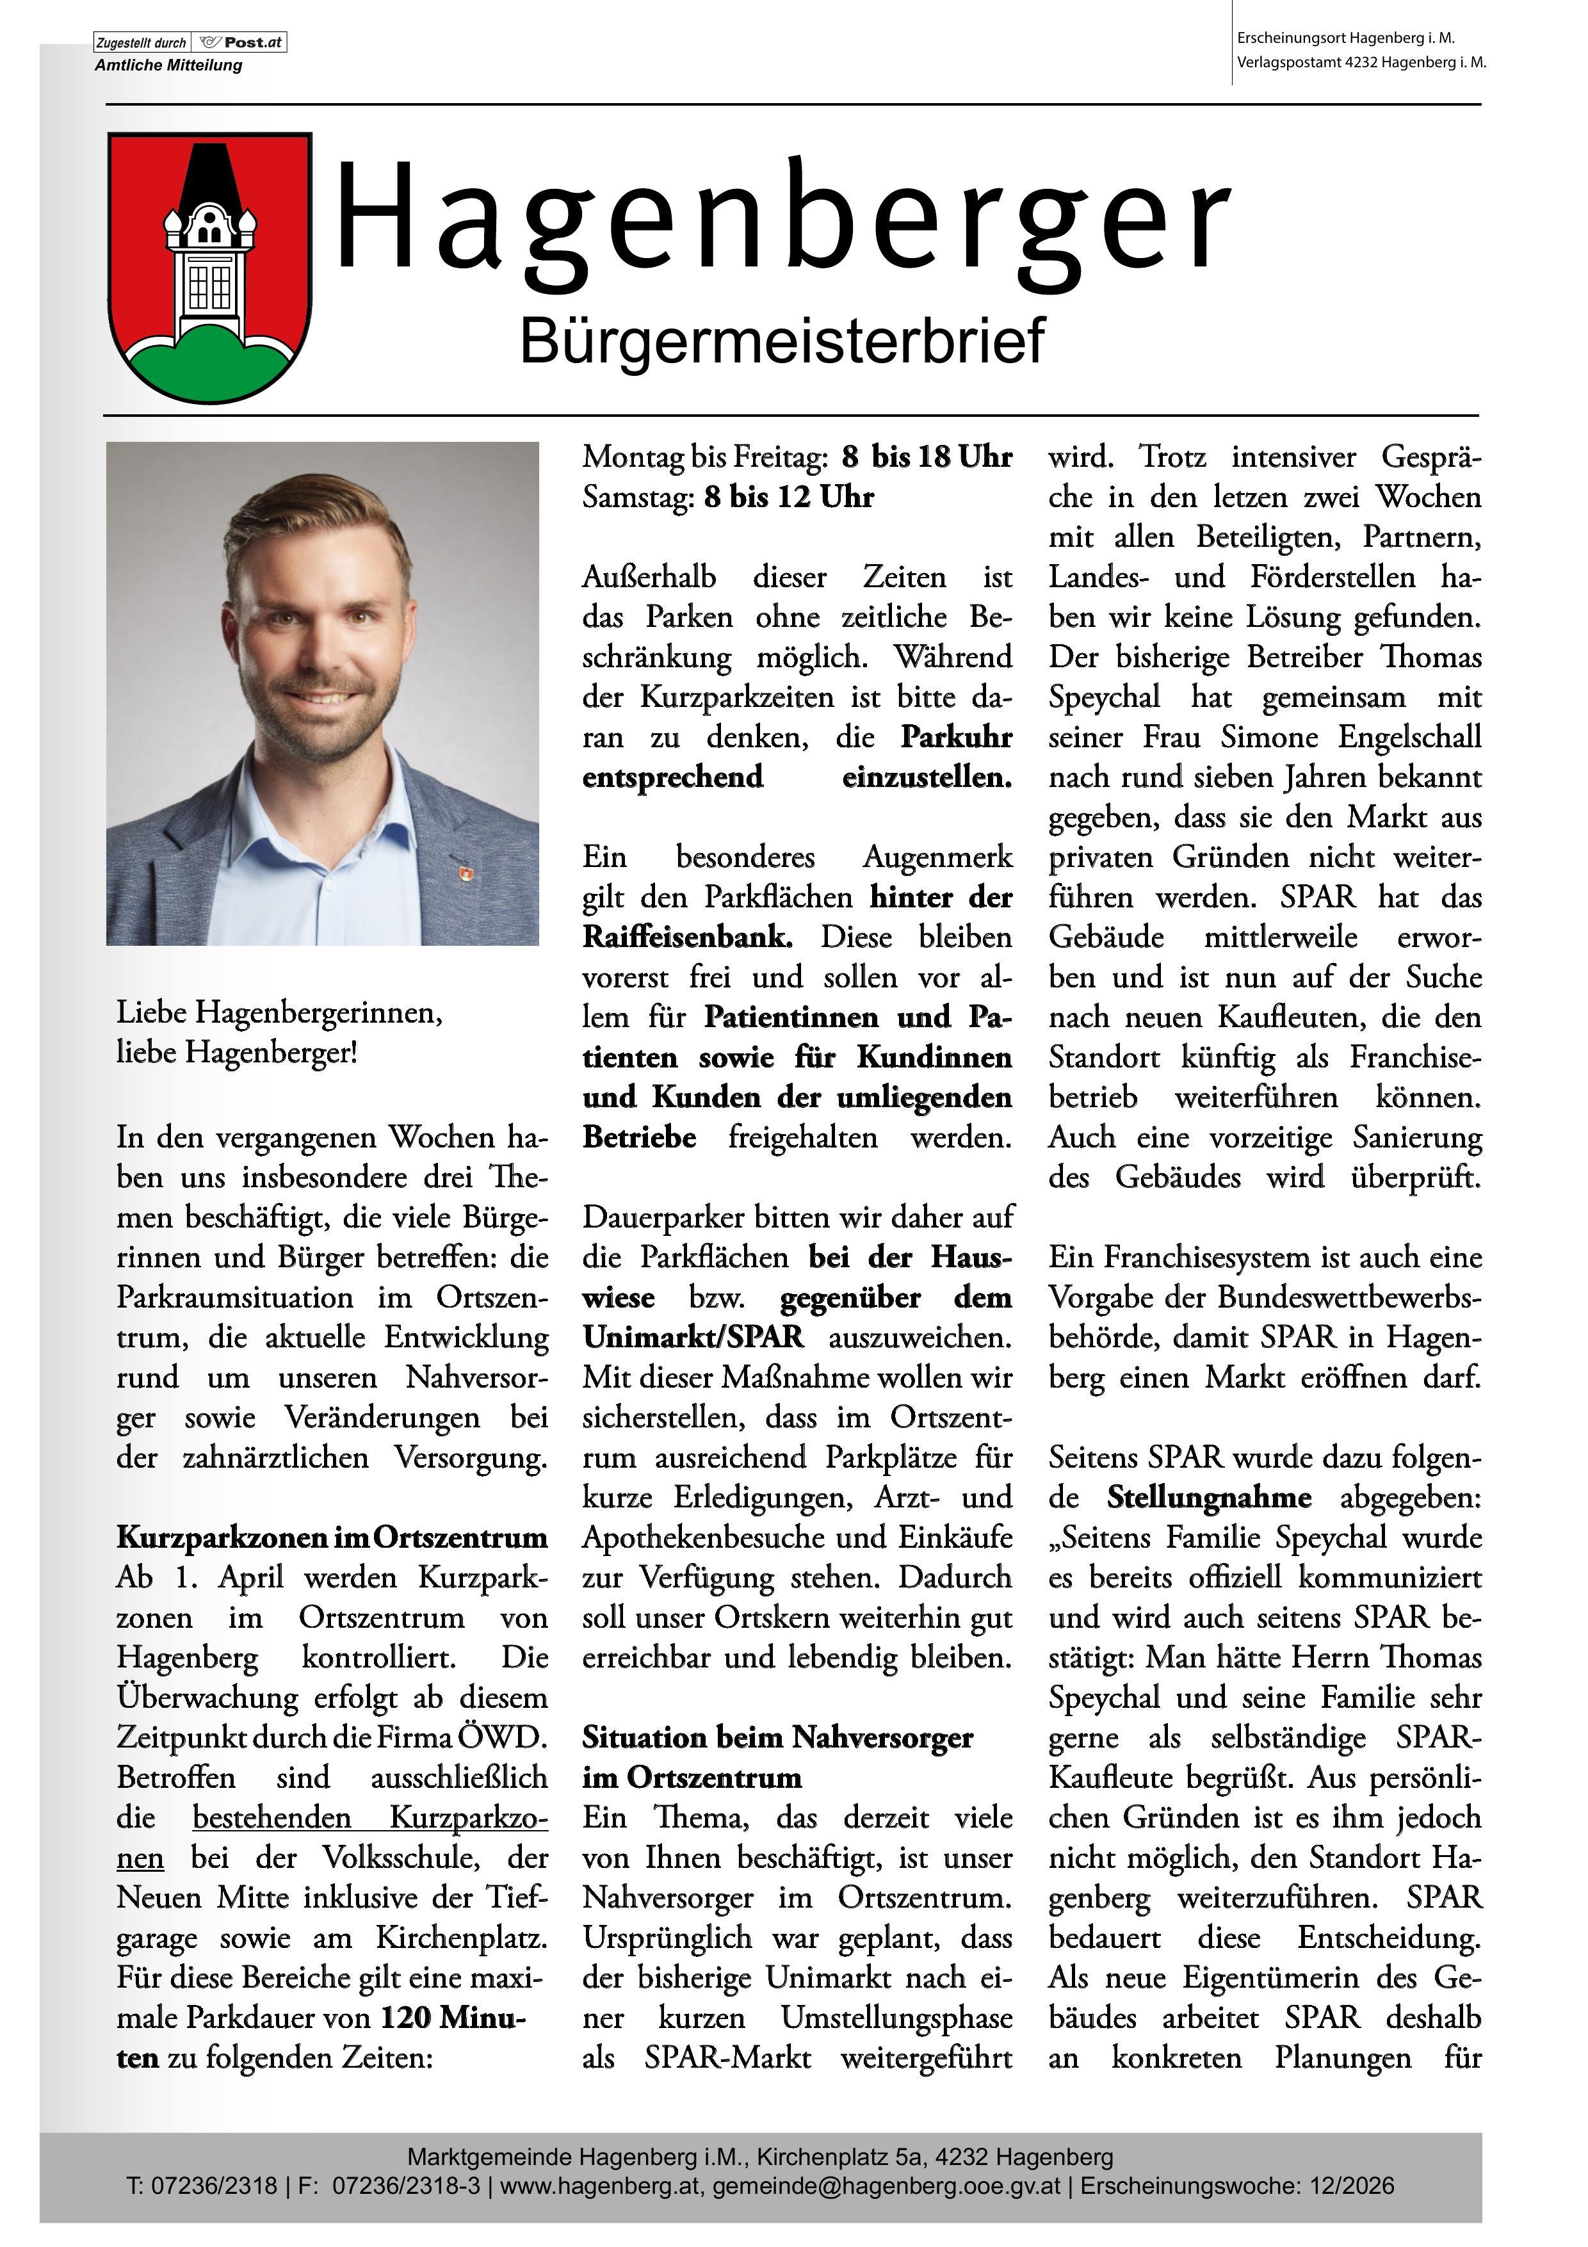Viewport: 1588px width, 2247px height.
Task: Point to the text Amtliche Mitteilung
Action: (x=168, y=65)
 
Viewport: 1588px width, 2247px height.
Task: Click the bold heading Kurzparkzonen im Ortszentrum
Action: (x=332, y=1537)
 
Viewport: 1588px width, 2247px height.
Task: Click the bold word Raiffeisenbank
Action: (x=687, y=937)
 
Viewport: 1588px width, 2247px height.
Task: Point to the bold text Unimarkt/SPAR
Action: (x=693, y=1338)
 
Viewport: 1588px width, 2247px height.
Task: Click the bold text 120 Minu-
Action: (x=453, y=2018)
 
